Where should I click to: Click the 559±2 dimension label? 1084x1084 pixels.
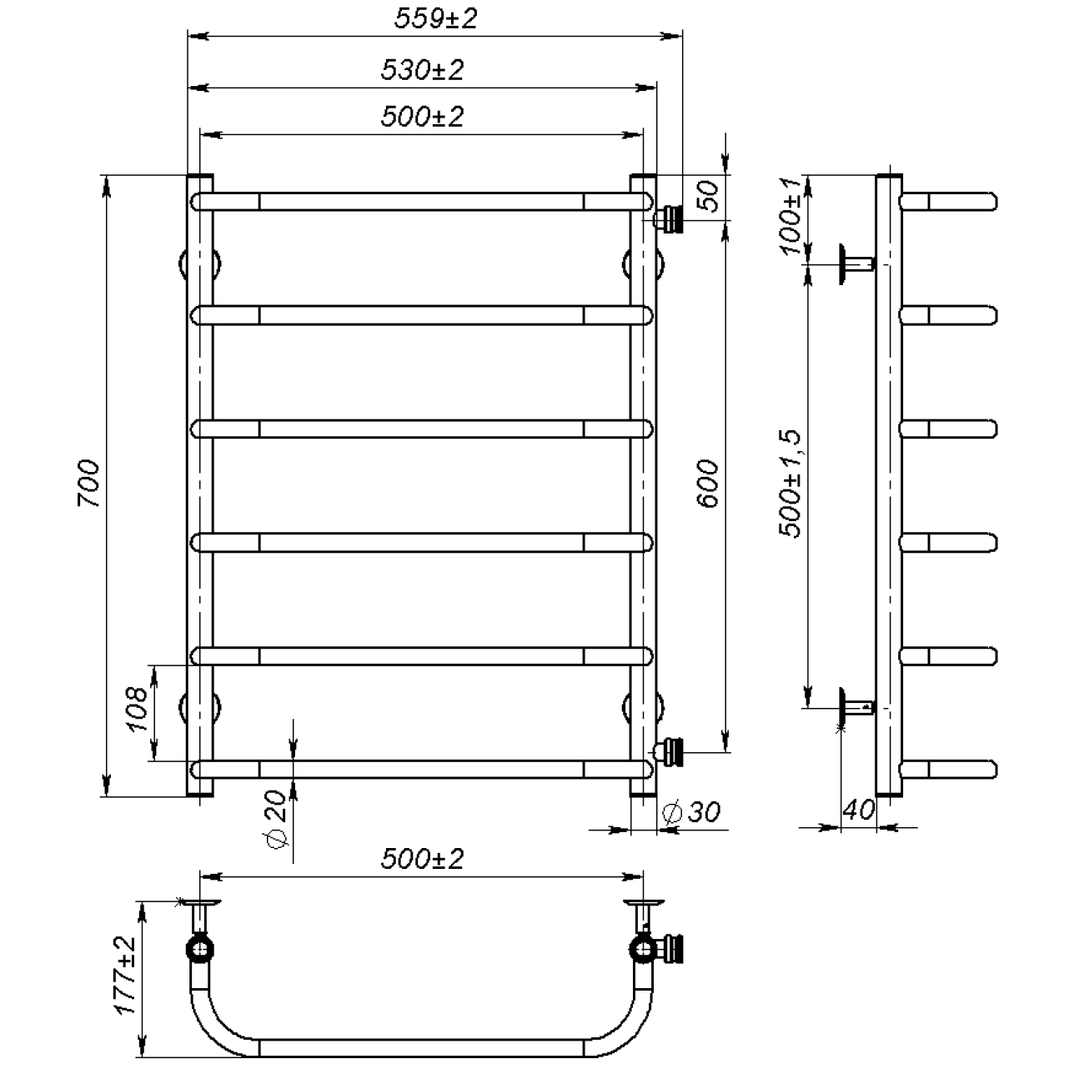coord(435,18)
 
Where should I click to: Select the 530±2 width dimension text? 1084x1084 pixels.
coord(422,70)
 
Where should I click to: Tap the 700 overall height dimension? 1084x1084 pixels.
coord(88,483)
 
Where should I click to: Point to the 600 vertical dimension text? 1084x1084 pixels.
coord(708,484)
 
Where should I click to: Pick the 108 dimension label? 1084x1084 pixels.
coord(138,709)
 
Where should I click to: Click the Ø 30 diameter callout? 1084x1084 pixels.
coord(691,811)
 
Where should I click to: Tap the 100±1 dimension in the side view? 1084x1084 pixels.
coord(790,216)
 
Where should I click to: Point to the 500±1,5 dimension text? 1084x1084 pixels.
coord(790,484)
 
